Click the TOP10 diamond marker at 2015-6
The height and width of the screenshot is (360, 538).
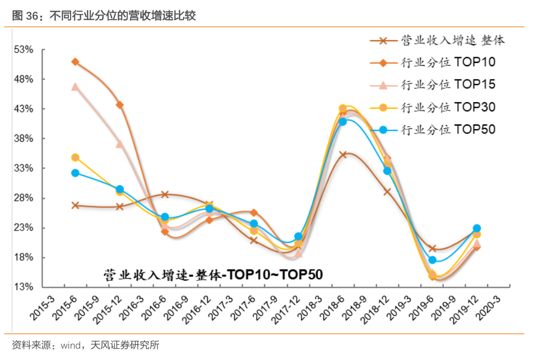(75, 62)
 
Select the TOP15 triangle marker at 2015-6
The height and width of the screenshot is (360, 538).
(75, 87)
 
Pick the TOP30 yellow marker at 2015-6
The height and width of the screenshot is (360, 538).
(75, 158)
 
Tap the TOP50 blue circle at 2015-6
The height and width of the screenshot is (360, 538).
(75, 173)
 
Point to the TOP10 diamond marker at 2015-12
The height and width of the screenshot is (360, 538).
(120, 105)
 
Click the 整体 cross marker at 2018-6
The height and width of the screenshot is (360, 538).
(343, 154)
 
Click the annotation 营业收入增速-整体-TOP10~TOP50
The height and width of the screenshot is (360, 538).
(213, 274)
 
